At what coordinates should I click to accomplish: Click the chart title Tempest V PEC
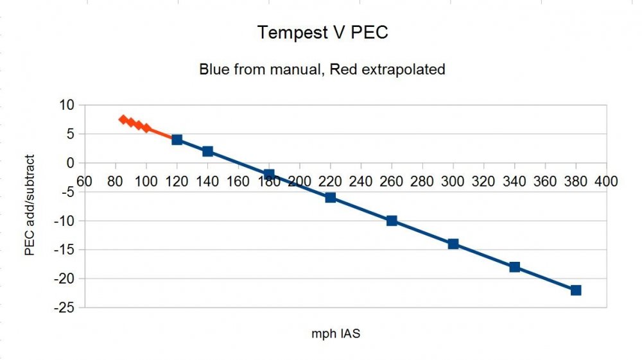(322, 33)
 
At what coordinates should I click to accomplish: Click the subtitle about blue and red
(322, 69)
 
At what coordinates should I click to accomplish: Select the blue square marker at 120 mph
(177, 139)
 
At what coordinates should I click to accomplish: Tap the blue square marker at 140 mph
(207, 151)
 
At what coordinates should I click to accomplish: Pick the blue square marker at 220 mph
(331, 198)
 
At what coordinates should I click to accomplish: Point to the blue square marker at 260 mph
(392, 221)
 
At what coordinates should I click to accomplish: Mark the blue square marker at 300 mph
(453, 244)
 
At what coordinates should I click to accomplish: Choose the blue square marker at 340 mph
(514, 267)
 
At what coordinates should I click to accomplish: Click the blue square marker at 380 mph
(576, 290)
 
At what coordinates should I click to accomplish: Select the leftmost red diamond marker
(123, 119)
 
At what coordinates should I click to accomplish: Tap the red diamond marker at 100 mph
(146, 128)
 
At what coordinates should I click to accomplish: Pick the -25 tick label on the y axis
(65, 308)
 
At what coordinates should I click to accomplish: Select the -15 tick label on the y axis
(65, 250)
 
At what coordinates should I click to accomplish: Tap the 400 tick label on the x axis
(606, 182)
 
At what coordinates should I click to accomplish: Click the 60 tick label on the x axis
(85, 182)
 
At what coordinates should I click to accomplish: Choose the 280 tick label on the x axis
(422, 182)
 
